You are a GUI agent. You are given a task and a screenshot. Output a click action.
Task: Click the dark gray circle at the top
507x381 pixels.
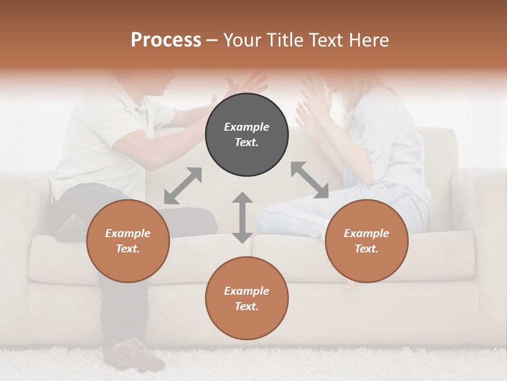pyautogui.click(x=247, y=135)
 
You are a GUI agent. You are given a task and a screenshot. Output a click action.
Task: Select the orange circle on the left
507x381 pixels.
pyautogui.click(x=128, y=241)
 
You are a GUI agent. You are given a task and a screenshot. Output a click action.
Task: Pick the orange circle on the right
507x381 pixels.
pyautogui.click(x=367, y=241)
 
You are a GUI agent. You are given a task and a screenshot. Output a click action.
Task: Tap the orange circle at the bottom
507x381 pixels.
pyautogui.click(x=247, y=298)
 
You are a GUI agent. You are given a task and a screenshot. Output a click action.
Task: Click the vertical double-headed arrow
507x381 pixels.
pyautogui.click(x=242, y=217)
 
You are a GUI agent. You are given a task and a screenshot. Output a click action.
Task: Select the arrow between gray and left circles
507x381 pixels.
pyautogui.click(x=183, y=186)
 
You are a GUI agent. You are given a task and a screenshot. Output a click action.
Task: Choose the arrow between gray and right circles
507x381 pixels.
pyautogui.click(x=309, y=180)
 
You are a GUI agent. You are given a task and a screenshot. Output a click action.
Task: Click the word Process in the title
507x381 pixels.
pyautogui.click(x=166, y=40)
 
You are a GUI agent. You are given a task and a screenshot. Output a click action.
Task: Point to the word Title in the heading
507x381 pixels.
pyautogui.click(x=285, y=40)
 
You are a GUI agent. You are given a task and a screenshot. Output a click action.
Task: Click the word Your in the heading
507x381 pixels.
pyautogui.click(x=243, y=40)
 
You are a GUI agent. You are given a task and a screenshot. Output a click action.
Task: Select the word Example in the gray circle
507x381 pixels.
pyautogui.click(x=247, y=127)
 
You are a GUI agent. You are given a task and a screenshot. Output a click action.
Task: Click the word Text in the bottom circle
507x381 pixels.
pyautogui.click(x=247, y=306)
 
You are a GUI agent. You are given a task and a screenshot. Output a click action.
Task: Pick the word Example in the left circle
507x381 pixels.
pyautogui.click(x=128, y=233)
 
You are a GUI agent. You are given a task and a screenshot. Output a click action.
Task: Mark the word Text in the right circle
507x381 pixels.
pyautogui.click(x=367, y=249)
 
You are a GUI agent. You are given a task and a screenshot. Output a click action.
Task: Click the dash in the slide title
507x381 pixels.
pyautogui.click(x=212, y=40)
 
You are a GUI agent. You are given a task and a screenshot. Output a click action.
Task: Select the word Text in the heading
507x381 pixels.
pyautogui.click(x=327, y=40)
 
